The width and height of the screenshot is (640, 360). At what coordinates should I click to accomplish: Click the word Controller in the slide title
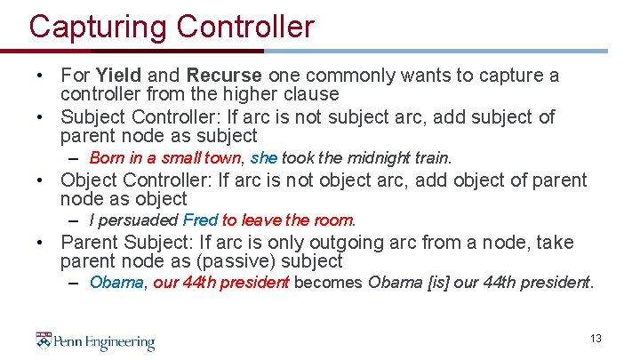tap(245, 27)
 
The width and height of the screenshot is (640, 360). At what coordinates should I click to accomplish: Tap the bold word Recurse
tap(224, 75)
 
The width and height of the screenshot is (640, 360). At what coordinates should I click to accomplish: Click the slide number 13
tap(596, 339)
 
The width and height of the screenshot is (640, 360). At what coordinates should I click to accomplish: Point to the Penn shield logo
tap(44, 340)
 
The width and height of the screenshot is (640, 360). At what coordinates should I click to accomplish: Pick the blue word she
tap(264, 158)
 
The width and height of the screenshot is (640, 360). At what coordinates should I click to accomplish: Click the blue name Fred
tap(200, 220)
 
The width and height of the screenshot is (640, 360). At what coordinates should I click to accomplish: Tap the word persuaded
tap(138, 220)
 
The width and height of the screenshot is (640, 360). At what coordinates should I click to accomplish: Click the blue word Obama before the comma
tap(116, 283)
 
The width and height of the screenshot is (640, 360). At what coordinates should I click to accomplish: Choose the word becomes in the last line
tap(326, 283)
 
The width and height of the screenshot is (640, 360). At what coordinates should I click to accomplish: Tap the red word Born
tap(106, 158)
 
